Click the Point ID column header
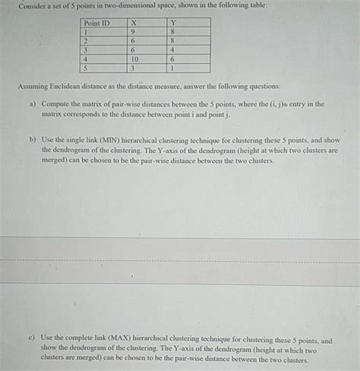96,23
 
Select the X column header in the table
134,23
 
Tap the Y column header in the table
173,23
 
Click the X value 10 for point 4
135,59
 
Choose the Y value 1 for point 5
173,68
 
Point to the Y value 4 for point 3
173,49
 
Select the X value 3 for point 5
134,68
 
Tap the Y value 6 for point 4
173,59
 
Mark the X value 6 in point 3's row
134,49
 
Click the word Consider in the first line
33,5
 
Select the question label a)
33,103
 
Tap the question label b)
33,141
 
